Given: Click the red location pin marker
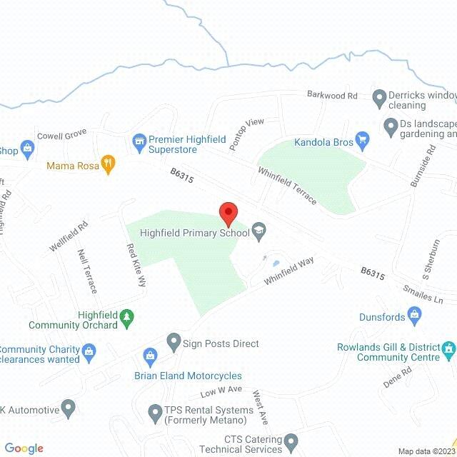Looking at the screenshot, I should (228, 213).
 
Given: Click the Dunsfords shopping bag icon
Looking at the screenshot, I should (414, 315).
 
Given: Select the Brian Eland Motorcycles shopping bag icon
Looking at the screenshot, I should (150, 355).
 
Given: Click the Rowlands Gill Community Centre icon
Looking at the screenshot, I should (448, 348).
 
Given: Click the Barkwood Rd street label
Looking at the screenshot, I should (332, 95).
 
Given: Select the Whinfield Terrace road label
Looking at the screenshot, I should (288, 186).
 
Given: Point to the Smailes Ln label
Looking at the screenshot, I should (423, 295).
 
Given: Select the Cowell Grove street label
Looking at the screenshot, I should (61, 134).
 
